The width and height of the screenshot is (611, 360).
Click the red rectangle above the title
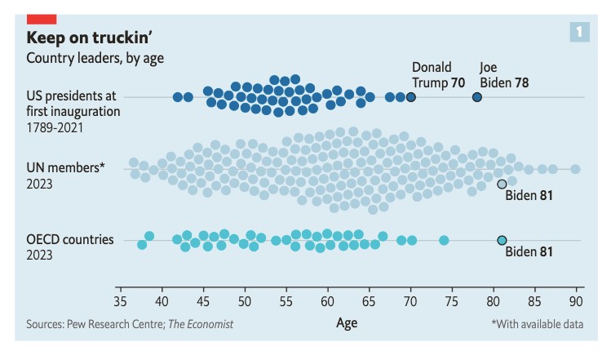click(41, 18)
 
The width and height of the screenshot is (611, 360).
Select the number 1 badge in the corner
click(579, 32)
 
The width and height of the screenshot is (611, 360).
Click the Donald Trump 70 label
click(438, 74)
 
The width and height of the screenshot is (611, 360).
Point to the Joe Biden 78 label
click(504, 74)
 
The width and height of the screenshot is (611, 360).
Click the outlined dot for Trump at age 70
click(410, 97)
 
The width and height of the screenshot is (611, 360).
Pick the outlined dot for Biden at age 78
click(477, 97)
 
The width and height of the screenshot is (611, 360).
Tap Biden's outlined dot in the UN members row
click(502, 184)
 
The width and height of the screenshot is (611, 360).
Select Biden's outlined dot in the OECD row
click(502, 240)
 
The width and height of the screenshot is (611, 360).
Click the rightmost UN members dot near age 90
click(575, 169)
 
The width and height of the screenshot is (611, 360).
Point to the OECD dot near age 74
click(444, 240)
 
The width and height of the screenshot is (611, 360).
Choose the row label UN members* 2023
click(66, 176)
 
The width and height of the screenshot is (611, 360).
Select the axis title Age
click(347, 322)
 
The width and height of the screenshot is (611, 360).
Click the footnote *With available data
click(537, 324)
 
